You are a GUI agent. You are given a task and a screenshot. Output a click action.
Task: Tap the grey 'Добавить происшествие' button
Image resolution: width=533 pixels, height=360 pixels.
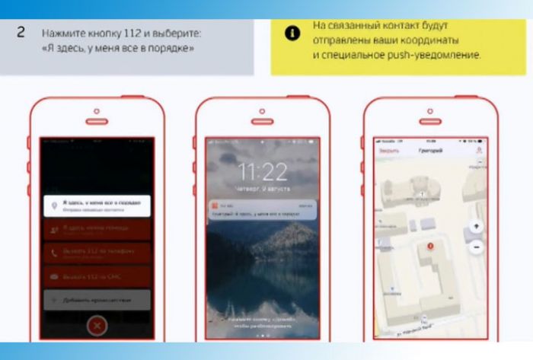(97, 300)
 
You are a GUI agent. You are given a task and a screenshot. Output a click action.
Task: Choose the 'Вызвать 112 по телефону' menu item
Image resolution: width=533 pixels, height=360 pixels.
(97, 253)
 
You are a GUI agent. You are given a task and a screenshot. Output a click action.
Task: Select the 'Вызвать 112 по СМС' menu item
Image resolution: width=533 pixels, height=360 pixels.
(97, 276)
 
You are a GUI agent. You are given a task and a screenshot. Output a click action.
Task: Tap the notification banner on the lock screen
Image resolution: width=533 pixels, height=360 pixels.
(263, 210)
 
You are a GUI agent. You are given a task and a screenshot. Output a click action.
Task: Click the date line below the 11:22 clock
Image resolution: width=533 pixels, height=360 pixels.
(263, 186)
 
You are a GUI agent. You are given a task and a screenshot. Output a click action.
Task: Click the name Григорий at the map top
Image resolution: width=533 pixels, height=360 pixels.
(430, 151)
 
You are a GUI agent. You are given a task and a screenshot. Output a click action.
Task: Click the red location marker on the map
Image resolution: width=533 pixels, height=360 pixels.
(431, 245)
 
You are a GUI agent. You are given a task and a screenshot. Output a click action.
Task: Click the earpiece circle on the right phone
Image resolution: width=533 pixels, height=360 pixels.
(431, 112)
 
